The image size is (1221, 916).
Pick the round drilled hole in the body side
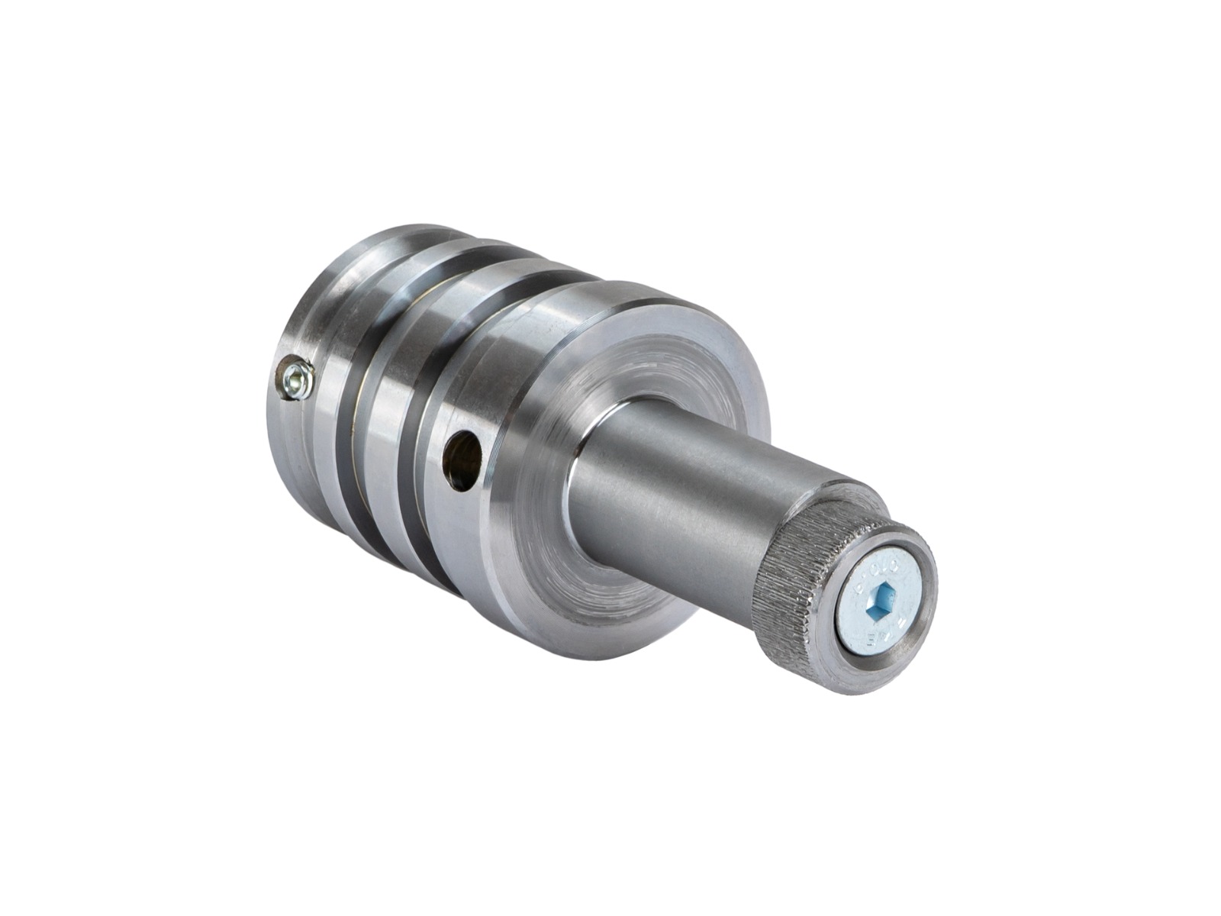(x=463, y=460)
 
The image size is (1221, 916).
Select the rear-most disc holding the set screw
(x=294, y=427)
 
